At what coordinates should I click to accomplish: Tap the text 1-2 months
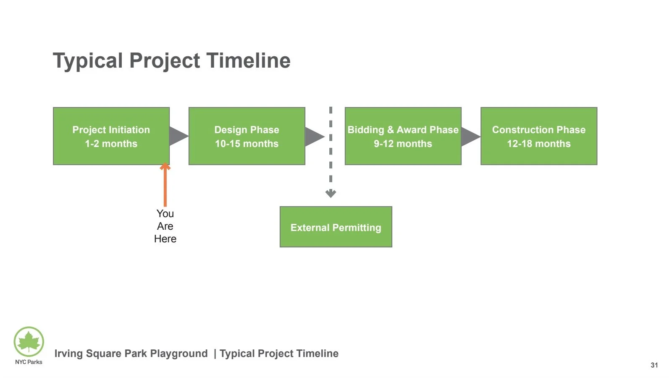pyautogui.click(x=111, y=144)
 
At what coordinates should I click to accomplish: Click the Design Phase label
pyautogui.click(x=247, y=130)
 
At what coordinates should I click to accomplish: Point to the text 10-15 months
pyautogui.click(x=247, y=144)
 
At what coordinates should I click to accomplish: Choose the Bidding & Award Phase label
pyautogui.click(x=403, y=130)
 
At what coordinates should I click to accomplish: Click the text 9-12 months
pyautogui.click(x=403, y=144)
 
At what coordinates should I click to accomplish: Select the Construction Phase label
pyautogui.click(x=538, y=130)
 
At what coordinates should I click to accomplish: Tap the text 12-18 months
pyautogui.click(x=538, y=144)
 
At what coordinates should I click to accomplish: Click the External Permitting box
pyautogui.click(x=336, y=227)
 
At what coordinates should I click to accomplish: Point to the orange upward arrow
pyautogui.click(x=165, y=185)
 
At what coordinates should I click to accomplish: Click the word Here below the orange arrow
pyautogui.click(x=165, y=239)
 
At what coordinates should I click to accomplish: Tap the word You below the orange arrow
pyautogui.click(x=165, y=214)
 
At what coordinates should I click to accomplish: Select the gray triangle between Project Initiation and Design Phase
pyautogui.click(x=177, y=136)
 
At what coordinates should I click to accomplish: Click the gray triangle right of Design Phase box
pyautogui.click(x=313, y=136)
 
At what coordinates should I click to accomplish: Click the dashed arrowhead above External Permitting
pyautogui.click(x=331, y=193)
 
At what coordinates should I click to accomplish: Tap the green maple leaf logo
pyautogui.click(x=29, y=341)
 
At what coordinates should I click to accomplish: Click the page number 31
pyautogui.click(x=654, y=365)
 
